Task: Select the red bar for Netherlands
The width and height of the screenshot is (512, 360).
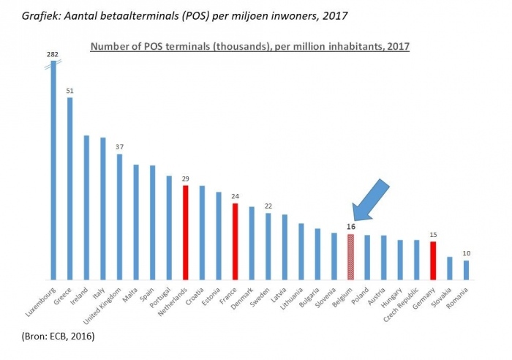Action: point(185,232)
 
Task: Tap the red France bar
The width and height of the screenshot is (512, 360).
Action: point(235,241)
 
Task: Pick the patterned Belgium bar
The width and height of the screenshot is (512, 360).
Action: point(350,256)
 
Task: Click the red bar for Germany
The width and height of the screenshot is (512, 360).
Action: point(433,260)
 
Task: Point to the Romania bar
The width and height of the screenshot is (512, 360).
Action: point(466,270)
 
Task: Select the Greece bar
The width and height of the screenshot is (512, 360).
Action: point(69,188)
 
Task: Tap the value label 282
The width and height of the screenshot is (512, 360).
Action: point(53,53)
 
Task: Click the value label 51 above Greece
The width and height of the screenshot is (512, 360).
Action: point(69,90)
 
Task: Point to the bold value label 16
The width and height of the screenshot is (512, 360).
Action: point(350,227)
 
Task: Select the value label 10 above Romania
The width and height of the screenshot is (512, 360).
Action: point(466,253)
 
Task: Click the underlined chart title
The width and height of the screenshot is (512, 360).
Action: point(249,46)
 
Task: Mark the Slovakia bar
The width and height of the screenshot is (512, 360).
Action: point(450,268)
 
